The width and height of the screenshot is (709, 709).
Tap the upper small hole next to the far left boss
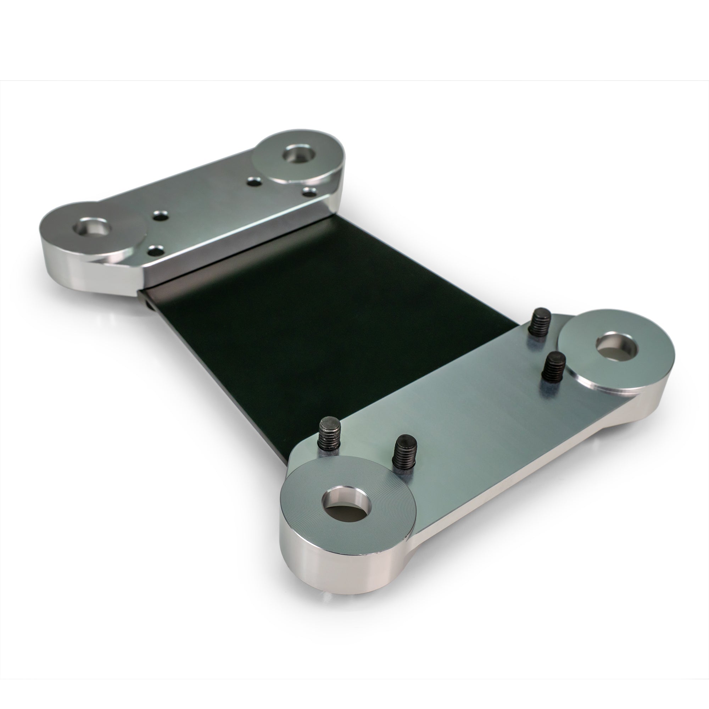click(x=159, y=216)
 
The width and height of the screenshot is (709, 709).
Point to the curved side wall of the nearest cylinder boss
click(x=330, y=565)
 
